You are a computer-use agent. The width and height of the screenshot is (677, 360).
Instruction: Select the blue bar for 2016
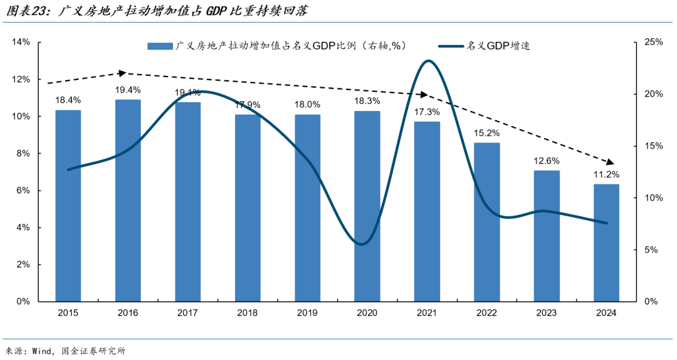coord(128,201)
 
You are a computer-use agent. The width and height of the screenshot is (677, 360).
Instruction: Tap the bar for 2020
coord(367,206)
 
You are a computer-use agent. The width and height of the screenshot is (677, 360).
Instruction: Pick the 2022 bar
coord(487,222)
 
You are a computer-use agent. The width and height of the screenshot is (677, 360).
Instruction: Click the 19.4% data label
coord(128,90)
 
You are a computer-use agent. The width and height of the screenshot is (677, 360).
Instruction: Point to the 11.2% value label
coord(606,174)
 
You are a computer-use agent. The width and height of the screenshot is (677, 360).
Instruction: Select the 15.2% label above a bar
coord(487,133)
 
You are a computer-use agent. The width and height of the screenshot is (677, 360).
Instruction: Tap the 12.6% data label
coord(547,161)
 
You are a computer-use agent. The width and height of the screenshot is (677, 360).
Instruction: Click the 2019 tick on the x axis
coord(307,313)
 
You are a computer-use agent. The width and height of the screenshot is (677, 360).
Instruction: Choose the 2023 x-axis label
coord(547,313)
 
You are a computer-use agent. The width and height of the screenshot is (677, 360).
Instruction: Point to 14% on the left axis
coord(21,42)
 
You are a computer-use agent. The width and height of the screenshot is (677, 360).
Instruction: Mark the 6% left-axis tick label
coord(23,191)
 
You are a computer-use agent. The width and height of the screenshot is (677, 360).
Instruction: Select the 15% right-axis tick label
coord(653,146)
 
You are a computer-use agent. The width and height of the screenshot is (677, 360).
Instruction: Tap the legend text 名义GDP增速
coord(498,46)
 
